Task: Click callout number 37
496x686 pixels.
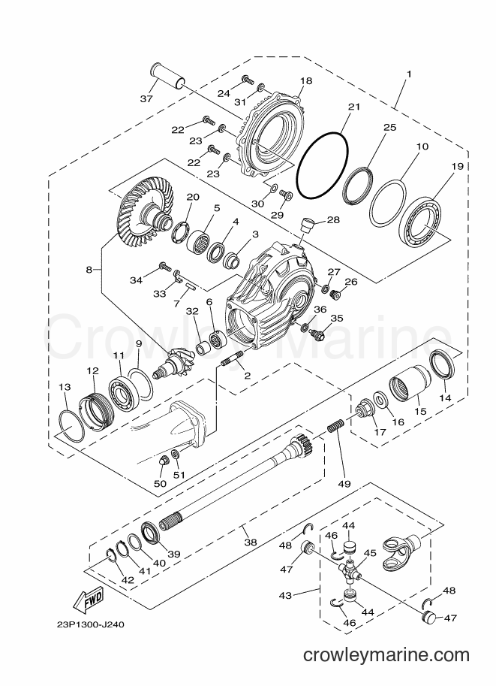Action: (x=146, y=98)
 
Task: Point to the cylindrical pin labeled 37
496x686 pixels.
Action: (x=168, y=76)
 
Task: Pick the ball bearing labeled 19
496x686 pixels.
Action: (x=421, y=220)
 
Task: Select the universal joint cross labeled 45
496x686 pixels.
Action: (x=350, y=570)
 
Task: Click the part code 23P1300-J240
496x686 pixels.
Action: (x=90, y=624)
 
